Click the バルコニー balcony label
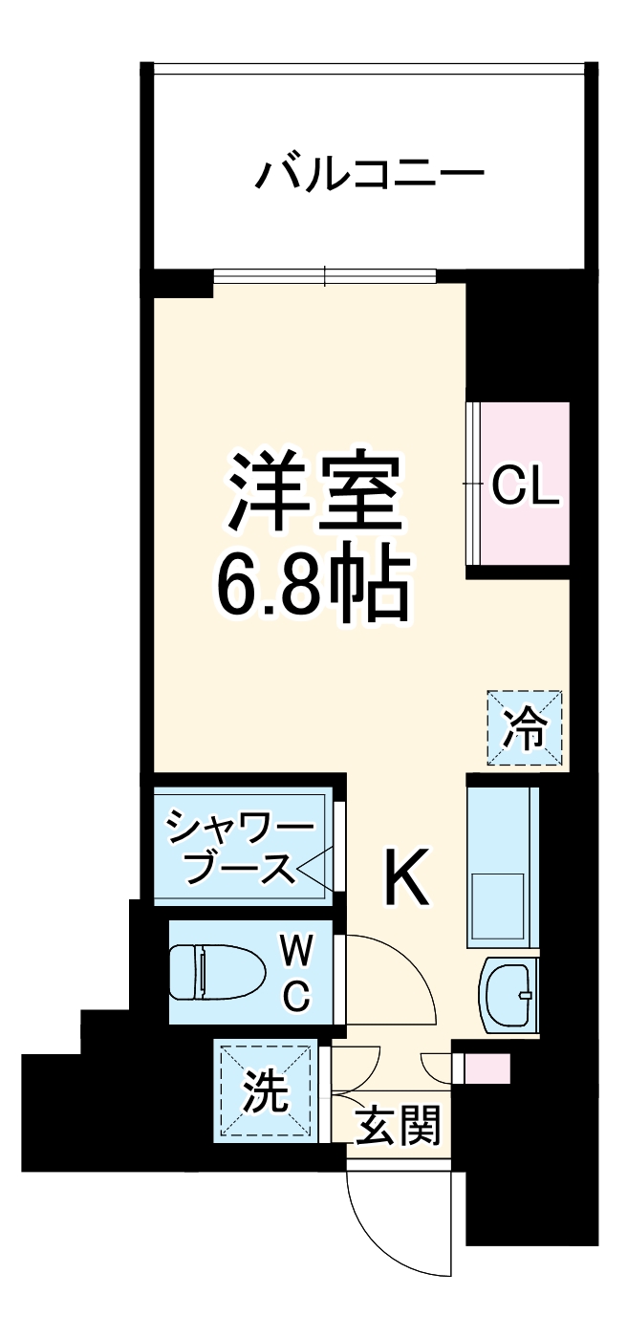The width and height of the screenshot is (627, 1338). (x=369, y=175)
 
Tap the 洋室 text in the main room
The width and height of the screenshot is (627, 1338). (x=313, y=492)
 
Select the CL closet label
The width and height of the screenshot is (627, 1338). (x=524, y=488)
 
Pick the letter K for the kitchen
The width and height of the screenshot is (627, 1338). (x=407, y=877)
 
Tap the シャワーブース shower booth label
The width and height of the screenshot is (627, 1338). (x=241, y=848)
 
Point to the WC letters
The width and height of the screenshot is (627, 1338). (x=296, y=973)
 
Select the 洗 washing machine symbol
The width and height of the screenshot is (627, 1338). (x=265, y=1092)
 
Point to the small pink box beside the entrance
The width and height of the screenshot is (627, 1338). (x=486, y=1068)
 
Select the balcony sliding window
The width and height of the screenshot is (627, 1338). (x=325, y=277)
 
